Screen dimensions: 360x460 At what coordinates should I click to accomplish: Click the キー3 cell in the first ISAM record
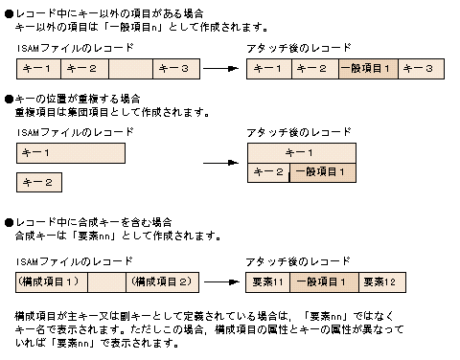(177, 68)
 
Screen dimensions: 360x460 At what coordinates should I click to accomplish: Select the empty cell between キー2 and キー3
(130, 68)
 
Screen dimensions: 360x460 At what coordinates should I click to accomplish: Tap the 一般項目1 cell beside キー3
(368, 68)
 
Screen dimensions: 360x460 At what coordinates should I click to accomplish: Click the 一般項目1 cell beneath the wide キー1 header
(323, 172)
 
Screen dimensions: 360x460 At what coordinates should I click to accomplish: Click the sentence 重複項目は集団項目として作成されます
(111, 111)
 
